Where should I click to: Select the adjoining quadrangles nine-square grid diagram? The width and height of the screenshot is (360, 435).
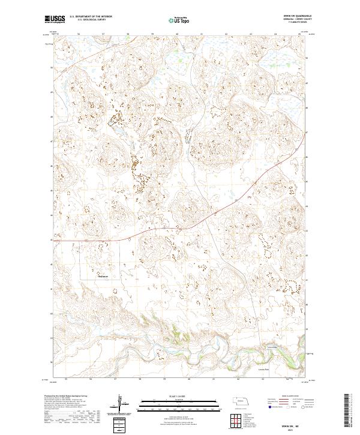click(x=236, y=419)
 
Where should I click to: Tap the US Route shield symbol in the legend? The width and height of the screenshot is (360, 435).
click(x=287, y=407)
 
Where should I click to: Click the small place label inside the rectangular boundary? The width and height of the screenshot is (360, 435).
click(x=103, y=277)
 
